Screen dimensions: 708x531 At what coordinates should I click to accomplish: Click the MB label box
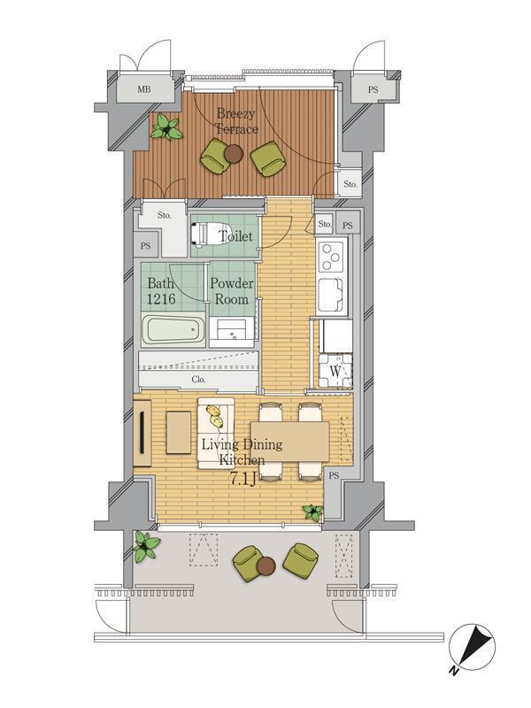[x=144, y=88]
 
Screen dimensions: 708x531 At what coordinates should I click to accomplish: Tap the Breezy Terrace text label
[x=238, y=121]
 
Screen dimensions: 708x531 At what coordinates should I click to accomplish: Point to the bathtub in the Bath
[x=173, y=334]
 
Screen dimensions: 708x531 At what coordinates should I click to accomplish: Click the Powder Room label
[x=231, y=291]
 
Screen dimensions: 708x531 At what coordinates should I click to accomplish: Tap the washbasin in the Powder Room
[x=232, y=332]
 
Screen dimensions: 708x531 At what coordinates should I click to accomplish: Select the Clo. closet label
[x=198, y=380]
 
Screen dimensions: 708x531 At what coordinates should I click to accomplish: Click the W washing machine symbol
[x=336, y=371]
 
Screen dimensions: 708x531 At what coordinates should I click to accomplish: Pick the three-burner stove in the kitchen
[x=331, y=257]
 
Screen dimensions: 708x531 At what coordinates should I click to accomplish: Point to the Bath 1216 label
[x=162, y=291]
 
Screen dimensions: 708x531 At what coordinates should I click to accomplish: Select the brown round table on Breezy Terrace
[x=234, y=154]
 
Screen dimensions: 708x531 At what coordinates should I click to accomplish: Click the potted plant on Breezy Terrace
[x=165, y=129]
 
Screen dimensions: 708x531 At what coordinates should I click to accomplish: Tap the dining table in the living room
[x=289, y=441]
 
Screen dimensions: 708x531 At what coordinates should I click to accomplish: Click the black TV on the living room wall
[x=142, y=435]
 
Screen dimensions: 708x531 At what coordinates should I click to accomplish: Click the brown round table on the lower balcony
[x=266, y=566]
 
